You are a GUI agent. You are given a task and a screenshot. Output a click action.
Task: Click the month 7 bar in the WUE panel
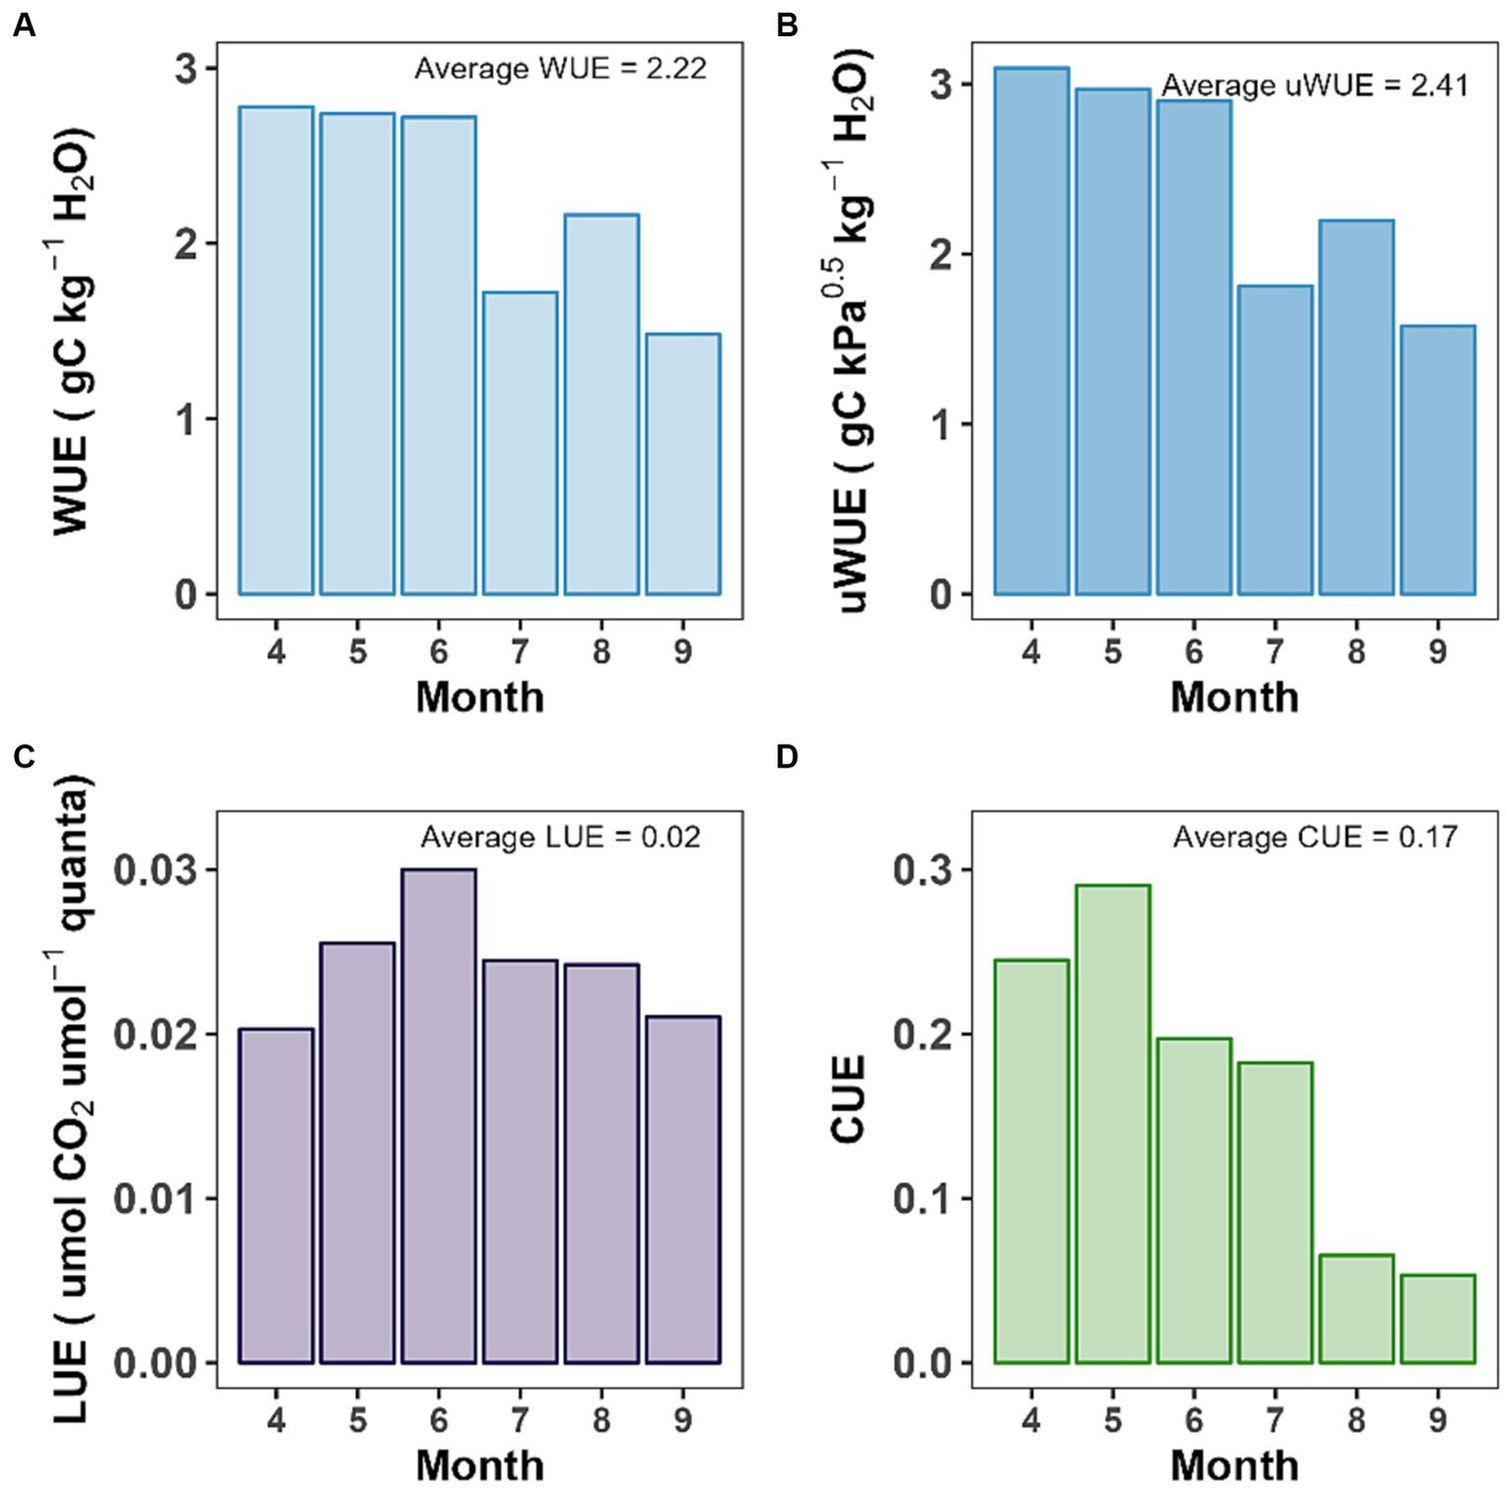coord(520,442)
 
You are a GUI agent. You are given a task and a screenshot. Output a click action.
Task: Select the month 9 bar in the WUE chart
coord(683,464)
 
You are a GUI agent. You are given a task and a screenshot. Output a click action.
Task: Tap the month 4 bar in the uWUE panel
coord(1031,331)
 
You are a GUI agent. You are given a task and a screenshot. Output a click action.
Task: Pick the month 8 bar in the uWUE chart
coord(1356,407)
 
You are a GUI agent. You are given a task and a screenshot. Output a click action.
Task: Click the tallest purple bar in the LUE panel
coord(439,1115)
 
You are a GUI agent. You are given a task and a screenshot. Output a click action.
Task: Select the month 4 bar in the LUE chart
coord(276,1196)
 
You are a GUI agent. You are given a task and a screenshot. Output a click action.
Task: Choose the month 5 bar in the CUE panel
coord(1113,1123)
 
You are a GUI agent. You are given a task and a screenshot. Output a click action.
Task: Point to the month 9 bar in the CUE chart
coord(1437,1318)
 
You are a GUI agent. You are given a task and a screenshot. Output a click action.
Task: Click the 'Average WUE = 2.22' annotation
coord(560,69)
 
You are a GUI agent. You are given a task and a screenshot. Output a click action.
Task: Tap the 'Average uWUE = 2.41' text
coord(1315,86)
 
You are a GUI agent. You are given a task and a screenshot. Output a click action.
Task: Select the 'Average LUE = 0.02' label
coord(560,837)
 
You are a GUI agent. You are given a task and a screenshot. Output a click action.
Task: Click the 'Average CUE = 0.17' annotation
coord(1315,837)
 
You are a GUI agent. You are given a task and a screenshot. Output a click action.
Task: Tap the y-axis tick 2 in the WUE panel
coord(186,244)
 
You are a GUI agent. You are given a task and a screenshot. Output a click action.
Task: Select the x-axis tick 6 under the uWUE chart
coord(1194,651)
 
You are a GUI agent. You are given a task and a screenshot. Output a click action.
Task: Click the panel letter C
coord(25,757)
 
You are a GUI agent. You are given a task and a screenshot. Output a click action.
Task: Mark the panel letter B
coord(787,26)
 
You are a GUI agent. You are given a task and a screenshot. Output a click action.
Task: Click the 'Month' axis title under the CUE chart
coord(1234,1465)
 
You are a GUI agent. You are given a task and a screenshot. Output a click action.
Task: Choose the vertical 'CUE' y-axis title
coord(849,1099)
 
